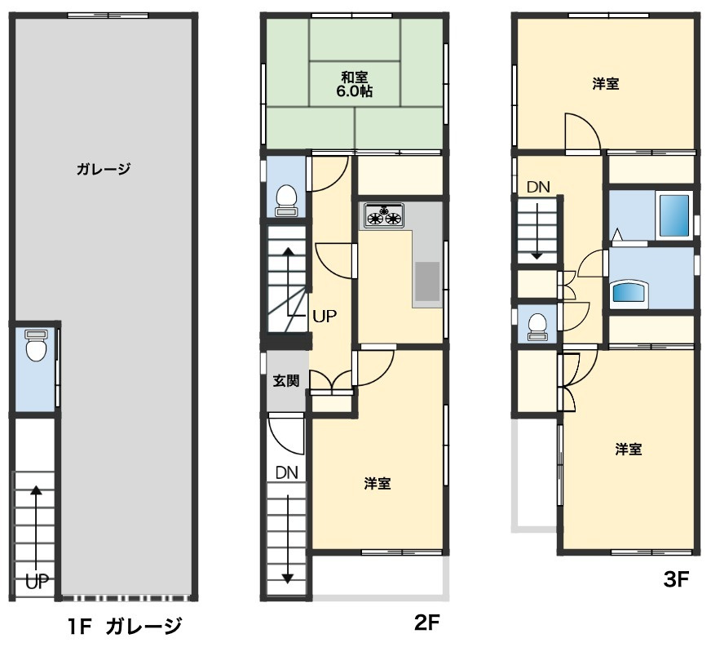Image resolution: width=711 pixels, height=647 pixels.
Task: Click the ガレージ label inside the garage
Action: point(104,170)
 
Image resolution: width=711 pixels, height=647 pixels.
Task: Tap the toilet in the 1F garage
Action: point(34,347)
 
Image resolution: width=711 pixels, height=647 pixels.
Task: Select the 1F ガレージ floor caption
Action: point(124,627)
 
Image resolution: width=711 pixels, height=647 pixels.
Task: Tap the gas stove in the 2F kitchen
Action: point(383,215)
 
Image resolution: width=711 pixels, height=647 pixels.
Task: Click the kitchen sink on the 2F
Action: point(426,282)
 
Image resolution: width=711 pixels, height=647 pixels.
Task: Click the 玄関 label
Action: point(285,380)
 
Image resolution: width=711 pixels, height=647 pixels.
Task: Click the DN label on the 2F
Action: point(286,472)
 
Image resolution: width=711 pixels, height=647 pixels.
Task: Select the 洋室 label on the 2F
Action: point(377,484)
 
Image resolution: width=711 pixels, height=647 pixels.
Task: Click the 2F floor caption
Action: point(427,624)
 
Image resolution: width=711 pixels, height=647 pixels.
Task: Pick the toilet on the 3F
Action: point(537,325)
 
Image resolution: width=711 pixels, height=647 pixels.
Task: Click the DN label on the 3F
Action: point(537,187)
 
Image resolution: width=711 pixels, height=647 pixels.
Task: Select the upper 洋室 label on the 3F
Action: point(604,83)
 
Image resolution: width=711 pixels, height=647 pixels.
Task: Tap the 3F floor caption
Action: point(676,580)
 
